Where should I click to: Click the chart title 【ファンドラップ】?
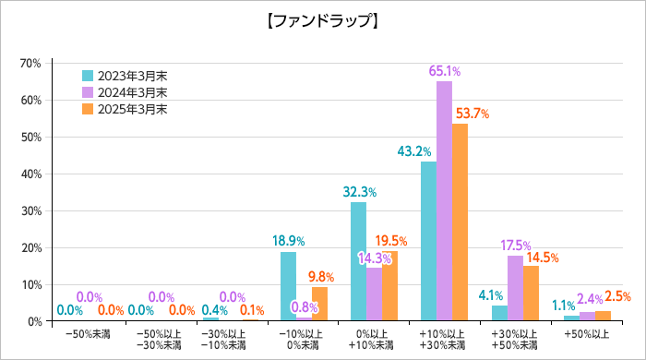(x=322, y=20)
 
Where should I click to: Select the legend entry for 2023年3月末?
(x=124, y=76)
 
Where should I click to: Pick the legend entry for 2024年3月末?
(x=124, y=92)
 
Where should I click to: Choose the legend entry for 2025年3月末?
(x=124, y=109)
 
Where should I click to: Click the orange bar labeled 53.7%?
(x=460, y=222)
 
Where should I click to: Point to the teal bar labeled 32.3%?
(x=358, y=262)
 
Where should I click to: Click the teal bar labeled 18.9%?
(x=288, y=286)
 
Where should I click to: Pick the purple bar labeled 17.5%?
(x=514, y=289)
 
